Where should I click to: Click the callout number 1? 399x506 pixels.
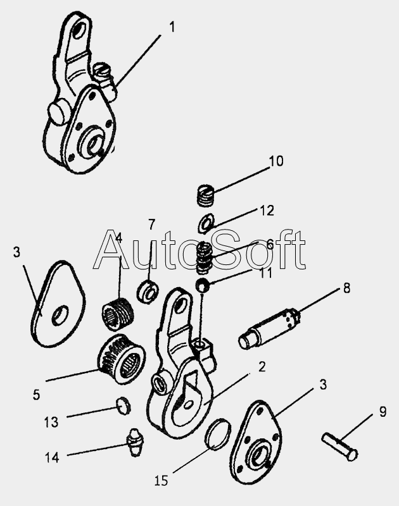pos(172,27)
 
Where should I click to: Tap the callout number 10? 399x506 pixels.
pos(276,161)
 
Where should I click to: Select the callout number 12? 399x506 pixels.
pos(267,211)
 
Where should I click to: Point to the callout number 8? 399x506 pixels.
pos(346,288)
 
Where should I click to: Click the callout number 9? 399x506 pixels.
pos(383,412)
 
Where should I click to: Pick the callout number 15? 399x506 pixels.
pos(161,481)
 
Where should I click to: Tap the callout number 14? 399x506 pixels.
pos(52,457)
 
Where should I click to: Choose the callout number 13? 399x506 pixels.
pos(51,422)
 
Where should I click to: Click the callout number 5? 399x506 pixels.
pos(36,395)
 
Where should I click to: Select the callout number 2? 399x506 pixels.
pos(262,367)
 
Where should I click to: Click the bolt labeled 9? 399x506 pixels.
pos(339,447)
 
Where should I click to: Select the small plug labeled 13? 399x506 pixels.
pos(123,406)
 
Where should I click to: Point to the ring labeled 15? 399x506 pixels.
pos(218,435)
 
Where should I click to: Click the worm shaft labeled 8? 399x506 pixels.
pos(269,328)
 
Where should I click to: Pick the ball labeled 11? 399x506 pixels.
pos(203,285)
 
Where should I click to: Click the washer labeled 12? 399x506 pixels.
pos(206,223)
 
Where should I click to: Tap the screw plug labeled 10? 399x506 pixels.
pos(206,195)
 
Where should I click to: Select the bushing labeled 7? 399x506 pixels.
pos(148,292)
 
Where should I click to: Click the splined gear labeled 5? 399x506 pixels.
pos(122,359)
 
